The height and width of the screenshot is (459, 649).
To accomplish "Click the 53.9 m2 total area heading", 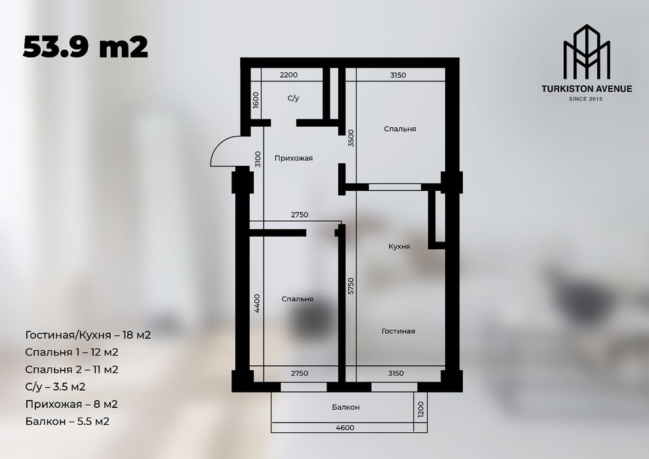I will [85, 47].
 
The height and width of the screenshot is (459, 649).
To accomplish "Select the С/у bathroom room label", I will [293, 98].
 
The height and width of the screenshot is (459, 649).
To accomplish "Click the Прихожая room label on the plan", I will [293, 158].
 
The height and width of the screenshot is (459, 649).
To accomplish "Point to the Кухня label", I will [399, 247].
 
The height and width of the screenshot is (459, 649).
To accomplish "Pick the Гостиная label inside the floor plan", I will [398, 331].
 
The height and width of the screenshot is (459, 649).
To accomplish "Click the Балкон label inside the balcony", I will [345, 407].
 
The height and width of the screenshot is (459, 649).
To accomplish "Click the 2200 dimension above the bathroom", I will [289, 75].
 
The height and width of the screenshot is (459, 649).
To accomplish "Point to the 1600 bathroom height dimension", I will [256, 100].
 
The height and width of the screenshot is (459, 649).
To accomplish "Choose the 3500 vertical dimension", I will [351, 138].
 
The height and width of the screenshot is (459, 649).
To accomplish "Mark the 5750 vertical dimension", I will [351, 285].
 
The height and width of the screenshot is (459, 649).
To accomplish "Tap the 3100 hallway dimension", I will [258, 159].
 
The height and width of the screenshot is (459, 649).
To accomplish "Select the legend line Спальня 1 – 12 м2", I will [72, 352].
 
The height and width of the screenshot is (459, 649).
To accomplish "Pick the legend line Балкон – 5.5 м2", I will [68, 421].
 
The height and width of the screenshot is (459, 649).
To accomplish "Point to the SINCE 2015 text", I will [587, 98].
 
